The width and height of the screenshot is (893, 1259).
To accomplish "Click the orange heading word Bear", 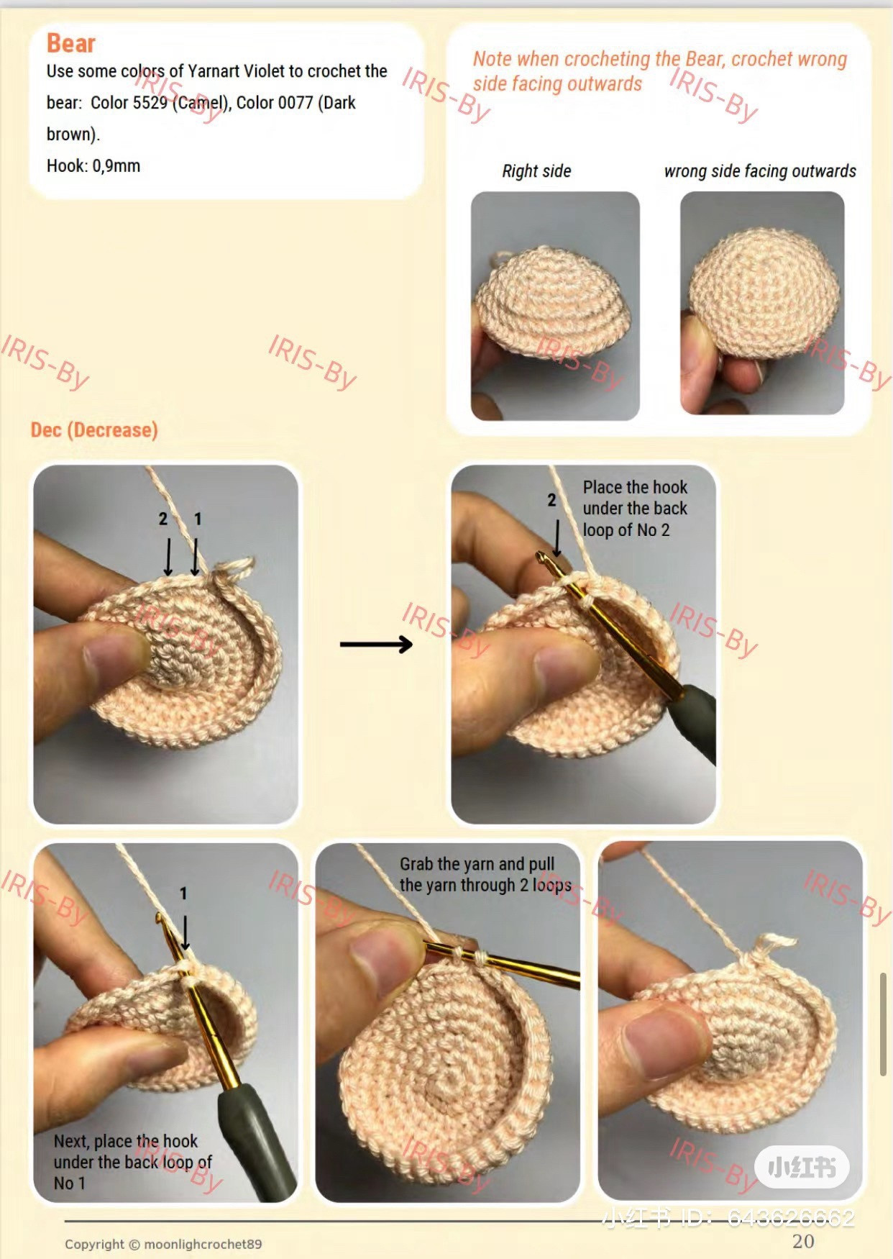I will click(x=70, y=43).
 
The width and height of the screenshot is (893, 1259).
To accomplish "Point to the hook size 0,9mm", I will click(x=116, y=166).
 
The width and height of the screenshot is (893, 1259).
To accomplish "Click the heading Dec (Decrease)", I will click(x=94, y=430).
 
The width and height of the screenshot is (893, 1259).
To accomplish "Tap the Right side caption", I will click(x=536, y=171).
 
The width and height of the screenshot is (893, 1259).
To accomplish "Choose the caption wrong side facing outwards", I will click(x=760, y=171).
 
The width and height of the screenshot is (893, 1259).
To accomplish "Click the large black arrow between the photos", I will click(x=376, y=644).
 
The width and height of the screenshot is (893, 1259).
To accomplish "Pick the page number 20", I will click(x=803, y=1241).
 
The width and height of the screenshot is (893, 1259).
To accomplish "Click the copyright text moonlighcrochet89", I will click(x=203, y=1244).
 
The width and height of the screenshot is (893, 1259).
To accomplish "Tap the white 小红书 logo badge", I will click(x=802, y=1167).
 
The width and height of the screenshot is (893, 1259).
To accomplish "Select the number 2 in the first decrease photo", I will click(x=163, y=519).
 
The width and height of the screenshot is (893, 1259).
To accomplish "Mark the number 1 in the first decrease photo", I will click(x=198, y=519).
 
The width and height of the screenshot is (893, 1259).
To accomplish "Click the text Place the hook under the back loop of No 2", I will click(x=635, y=509).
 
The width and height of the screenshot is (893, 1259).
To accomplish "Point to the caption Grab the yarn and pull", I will click(x=477, y=864).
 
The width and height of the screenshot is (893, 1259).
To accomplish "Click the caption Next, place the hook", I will click(x=126, y=1141).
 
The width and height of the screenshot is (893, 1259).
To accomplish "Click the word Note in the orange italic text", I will click(x=492, y=59).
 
